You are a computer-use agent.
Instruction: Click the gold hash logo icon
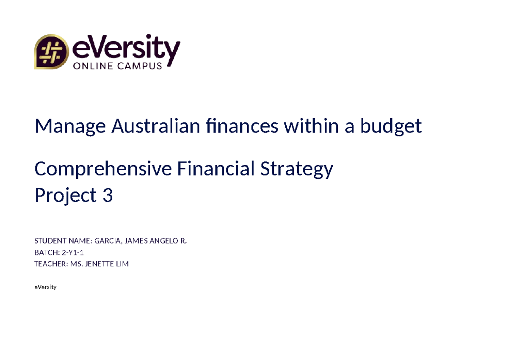tap(51, 52)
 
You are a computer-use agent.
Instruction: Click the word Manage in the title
tap(70, 126)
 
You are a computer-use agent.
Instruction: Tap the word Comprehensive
tap(103, 169)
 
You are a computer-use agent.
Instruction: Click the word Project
tap(66, 196)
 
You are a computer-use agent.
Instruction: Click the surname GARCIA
tap(107, 241)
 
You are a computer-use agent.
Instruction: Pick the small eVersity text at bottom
tap(45, 287)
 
